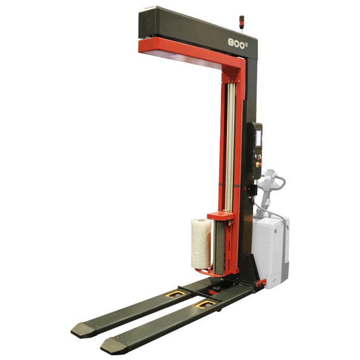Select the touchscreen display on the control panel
(259, 138)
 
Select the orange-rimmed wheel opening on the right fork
(205, 304)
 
